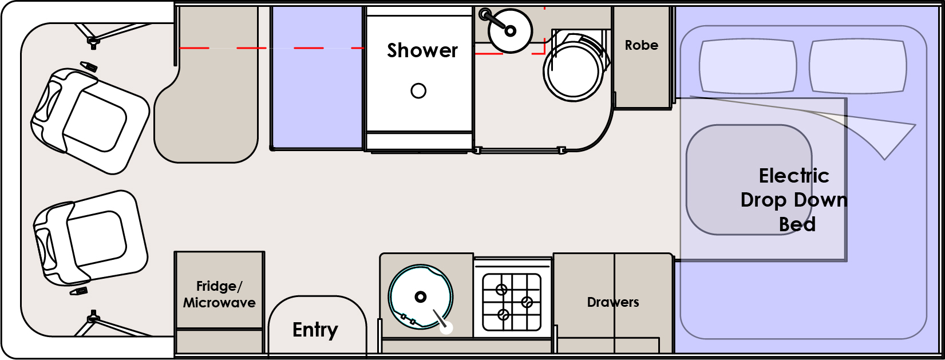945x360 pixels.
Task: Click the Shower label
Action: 422,50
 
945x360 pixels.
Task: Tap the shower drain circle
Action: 418,90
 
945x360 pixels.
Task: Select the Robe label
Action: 641,45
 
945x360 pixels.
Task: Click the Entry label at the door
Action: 315,330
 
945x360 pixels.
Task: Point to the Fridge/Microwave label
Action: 219,294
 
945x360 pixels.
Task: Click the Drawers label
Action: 612,302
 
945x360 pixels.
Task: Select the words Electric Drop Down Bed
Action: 794,200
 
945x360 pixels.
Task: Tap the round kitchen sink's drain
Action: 421,296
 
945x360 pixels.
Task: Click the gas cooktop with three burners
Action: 512,302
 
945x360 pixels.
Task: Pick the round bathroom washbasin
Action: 510,31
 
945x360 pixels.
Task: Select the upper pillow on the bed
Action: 747,65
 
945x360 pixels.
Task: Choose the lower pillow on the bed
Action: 857,65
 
